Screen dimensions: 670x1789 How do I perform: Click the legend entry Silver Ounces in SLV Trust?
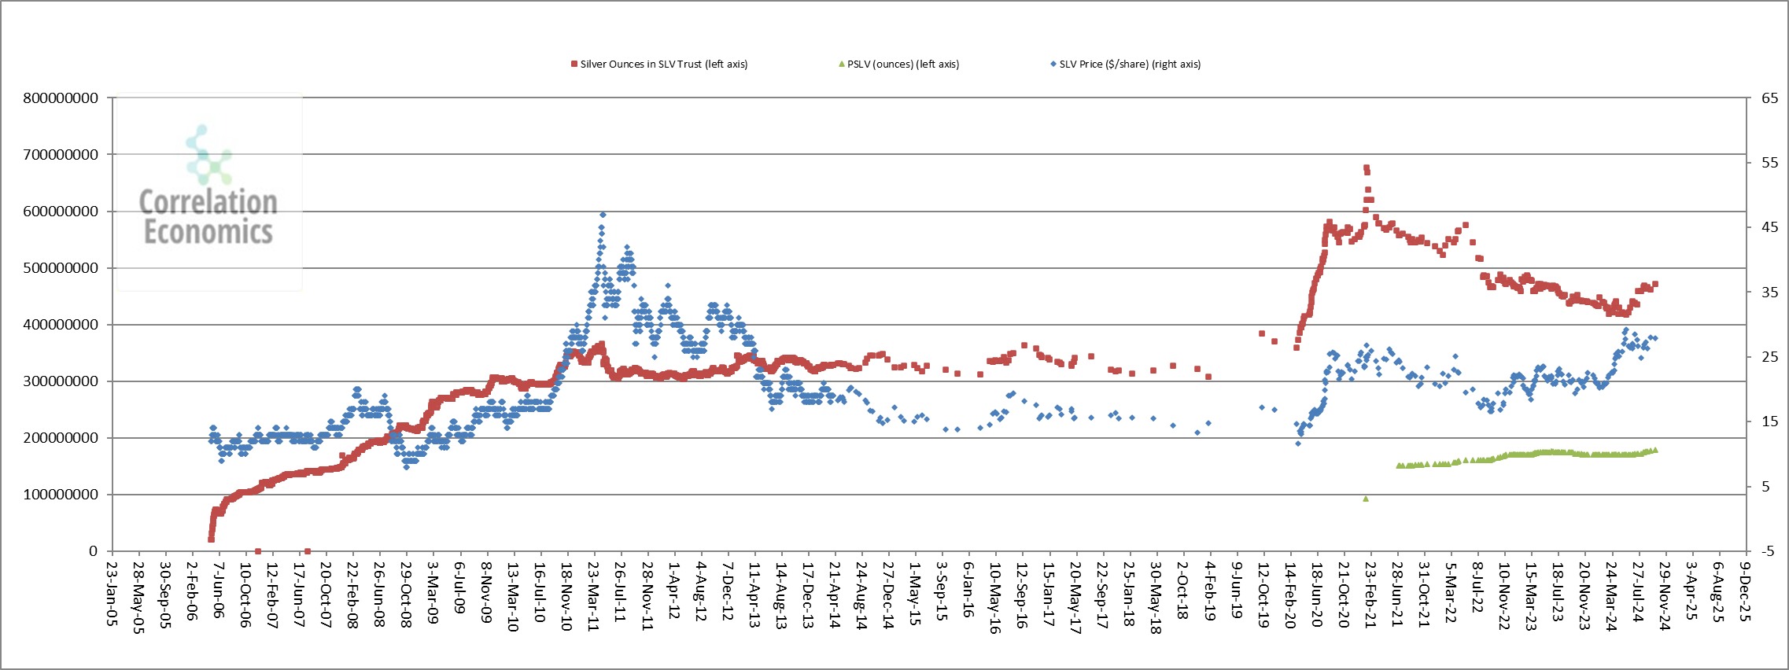pos(663,64)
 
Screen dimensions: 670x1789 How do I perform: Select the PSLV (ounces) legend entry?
pos(902,64)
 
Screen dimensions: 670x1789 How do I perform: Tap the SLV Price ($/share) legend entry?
pos(1129,64)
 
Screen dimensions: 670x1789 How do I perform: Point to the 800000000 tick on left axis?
pos(61,98)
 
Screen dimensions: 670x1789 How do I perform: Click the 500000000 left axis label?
pos(61,268)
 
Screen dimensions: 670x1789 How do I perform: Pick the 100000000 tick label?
pos(61,495)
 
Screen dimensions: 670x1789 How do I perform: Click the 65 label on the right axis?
pos(1769,98)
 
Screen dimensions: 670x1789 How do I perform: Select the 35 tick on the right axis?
pos(1769,293)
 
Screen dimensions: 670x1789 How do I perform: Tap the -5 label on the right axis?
pos(1768,551)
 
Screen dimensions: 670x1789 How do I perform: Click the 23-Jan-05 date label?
pos(112,594)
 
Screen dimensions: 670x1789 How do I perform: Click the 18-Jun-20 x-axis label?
pos(1316,595)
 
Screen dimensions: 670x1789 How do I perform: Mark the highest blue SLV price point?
pos(603,215)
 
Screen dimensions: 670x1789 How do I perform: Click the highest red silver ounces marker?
pos(1367,167)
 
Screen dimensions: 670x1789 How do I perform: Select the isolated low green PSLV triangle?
pos(1366,499)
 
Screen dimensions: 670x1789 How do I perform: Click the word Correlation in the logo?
pos(208,203)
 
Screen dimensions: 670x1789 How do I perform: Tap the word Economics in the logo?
pos(208,233)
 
